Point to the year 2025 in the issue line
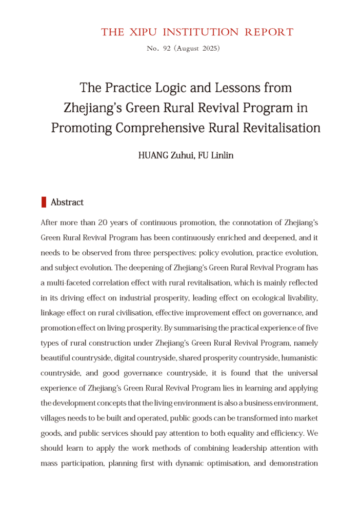point(208,49)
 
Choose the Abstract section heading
point(67,203)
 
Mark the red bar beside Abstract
point(44,202)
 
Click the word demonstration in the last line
point(294,463)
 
